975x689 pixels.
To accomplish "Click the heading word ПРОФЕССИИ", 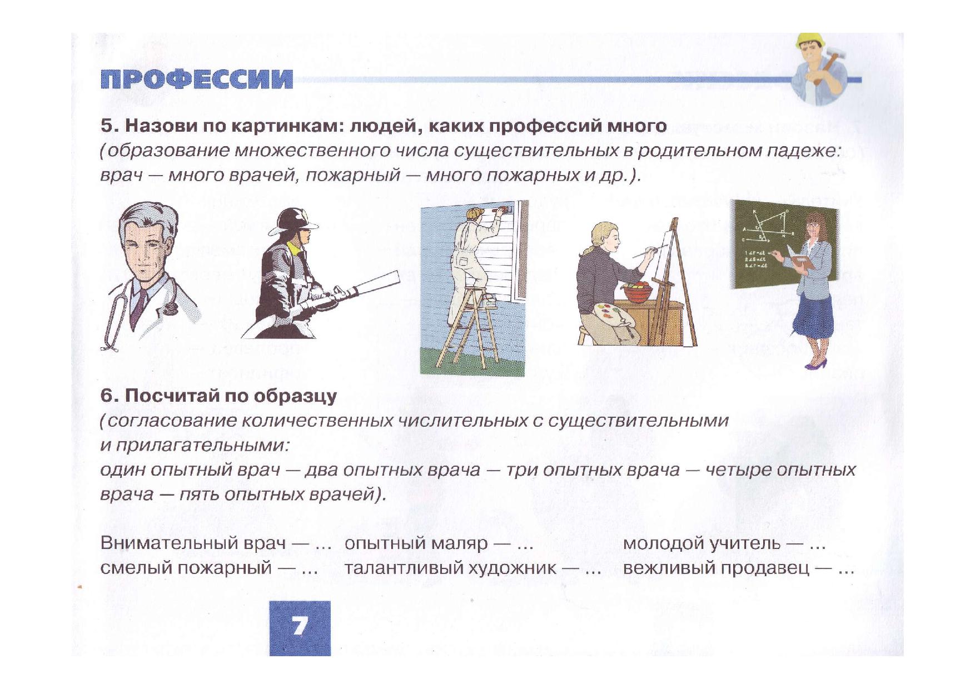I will [x=196, y=79].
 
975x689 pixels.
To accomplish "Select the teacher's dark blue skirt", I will [x=813, y=314].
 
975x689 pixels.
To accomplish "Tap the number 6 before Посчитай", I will [x=107, y=396].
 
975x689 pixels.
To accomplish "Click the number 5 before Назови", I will [x=107, y=126].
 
